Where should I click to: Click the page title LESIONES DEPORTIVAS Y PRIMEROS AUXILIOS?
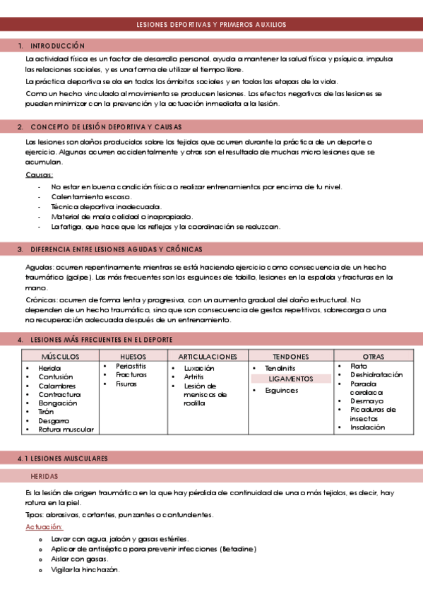coord(211,25)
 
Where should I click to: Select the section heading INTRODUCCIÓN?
coord(58,46)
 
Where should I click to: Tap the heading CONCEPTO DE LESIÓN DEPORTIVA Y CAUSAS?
coord(106,127)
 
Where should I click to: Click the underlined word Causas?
coord(39,175)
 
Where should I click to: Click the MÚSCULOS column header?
coord(60,357)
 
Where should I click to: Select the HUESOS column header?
coord(133,357)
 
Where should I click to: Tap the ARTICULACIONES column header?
coord(208,357)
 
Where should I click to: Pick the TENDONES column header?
coord(291,357)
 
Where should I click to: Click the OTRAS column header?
coord(374,357)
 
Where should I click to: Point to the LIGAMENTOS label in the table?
coord(291,379)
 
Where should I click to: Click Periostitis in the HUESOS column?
coord(132,366)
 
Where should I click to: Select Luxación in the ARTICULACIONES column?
coord(199,369)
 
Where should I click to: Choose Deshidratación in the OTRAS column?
coord(376,375)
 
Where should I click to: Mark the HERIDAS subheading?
coord(44,477)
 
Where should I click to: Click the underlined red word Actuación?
coord(44,527)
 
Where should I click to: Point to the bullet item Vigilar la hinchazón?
coord(85,569)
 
